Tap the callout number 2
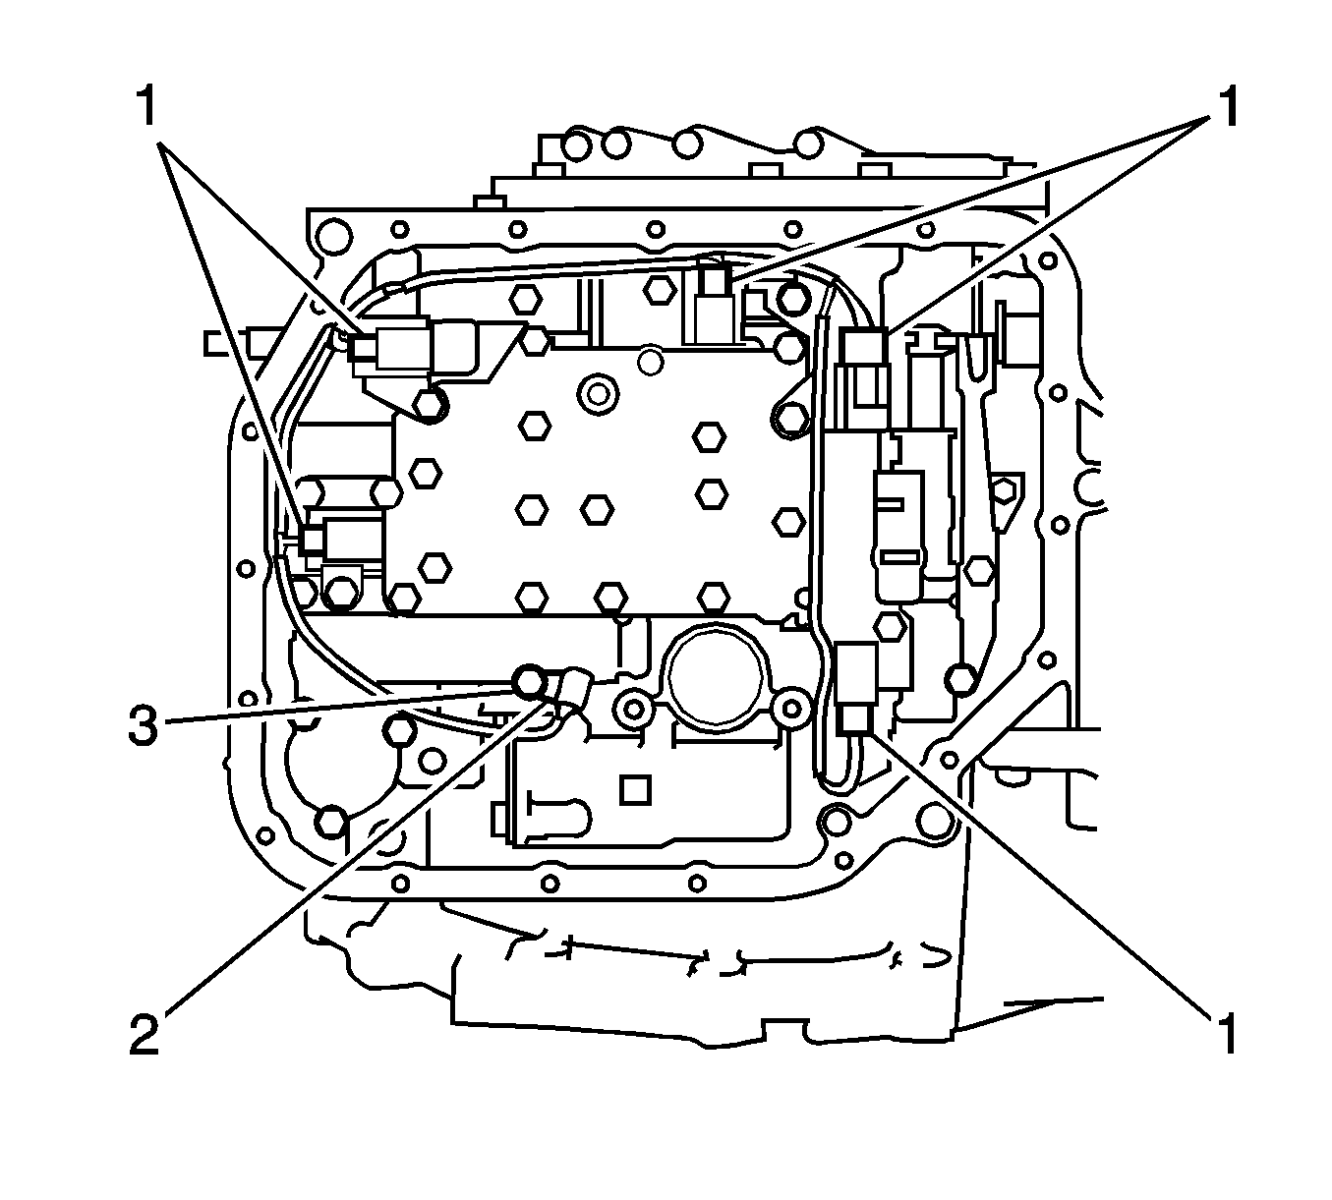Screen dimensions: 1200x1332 tap(144, 1034)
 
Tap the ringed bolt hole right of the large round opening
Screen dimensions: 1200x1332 tap(789, 707)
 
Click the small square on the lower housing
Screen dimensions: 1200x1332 tap(637, 788)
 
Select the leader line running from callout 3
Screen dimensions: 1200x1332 tap(334, 706)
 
